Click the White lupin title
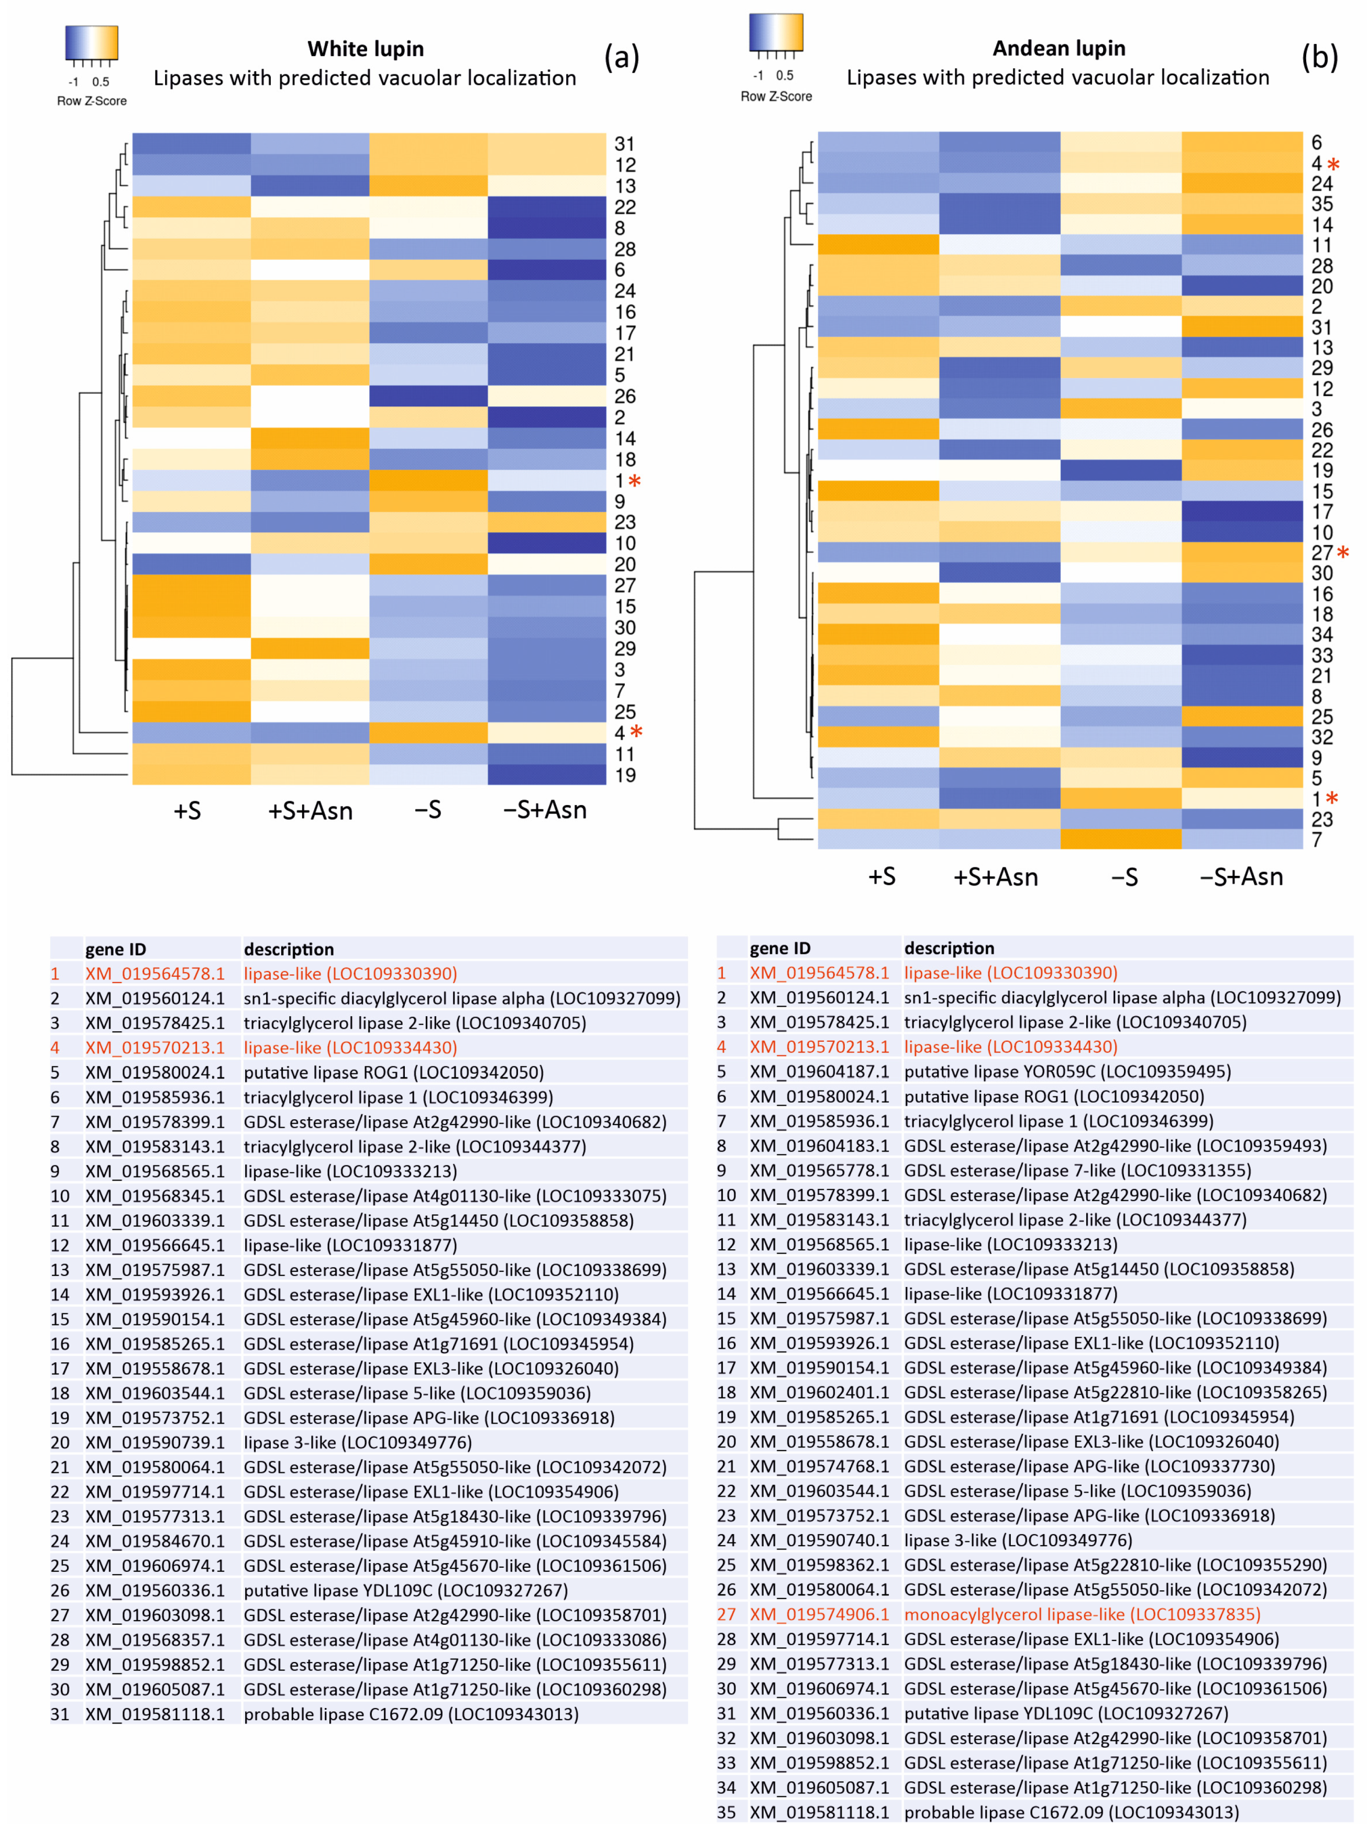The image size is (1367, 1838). (365, 49)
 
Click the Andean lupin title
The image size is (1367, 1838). (1059, 48)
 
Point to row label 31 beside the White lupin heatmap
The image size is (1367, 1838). (625, 144)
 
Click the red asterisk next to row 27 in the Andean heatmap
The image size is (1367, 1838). (1342, 552)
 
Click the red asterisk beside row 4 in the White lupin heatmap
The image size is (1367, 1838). (635, 732)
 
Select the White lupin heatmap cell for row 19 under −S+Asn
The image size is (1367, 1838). (546, 775)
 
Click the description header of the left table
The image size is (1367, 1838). (289, 949)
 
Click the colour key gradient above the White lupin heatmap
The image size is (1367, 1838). (92, 42)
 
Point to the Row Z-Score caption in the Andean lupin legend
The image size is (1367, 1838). (776, 96)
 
